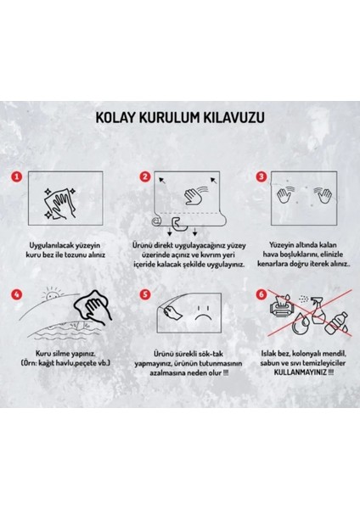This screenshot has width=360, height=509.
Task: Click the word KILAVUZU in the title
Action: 233,118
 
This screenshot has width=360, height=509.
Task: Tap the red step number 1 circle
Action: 17,177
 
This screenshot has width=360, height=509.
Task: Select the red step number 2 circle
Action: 145,176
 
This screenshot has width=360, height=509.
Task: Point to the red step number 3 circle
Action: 262,176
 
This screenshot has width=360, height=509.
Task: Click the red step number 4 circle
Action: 17,294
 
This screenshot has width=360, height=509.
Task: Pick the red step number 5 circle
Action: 145,294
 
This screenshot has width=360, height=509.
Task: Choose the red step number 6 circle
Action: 262,294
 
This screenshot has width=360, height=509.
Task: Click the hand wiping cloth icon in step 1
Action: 60,204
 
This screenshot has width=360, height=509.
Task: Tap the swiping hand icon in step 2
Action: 195,195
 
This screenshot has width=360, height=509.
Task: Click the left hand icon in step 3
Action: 284,194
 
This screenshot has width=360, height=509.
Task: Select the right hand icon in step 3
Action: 323,194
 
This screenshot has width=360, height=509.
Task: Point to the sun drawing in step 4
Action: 51,294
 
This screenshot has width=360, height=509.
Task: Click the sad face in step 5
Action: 202,312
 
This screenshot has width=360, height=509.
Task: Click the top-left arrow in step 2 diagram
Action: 162,180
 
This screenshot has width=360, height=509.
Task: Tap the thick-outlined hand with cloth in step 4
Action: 93,305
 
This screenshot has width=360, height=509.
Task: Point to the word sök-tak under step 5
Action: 211,354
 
